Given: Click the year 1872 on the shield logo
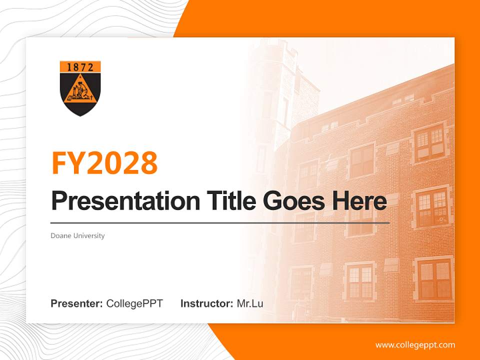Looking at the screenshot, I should tap(80, 67).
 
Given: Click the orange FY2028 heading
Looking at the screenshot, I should tap(104, 162).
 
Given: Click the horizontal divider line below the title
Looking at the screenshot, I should tap(220, 222).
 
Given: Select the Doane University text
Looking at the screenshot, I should tap(77, 235).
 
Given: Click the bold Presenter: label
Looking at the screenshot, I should tap(77, 303).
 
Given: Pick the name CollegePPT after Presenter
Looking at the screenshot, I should tap(134, 303).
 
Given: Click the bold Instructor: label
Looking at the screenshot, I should tap(206, 303).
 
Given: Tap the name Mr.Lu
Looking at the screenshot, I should tap(250, 303).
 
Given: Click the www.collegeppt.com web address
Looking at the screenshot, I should tap(415, 345).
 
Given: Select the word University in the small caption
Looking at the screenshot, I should tap(89, 235).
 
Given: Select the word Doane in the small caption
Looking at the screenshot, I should tap(60, 235).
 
